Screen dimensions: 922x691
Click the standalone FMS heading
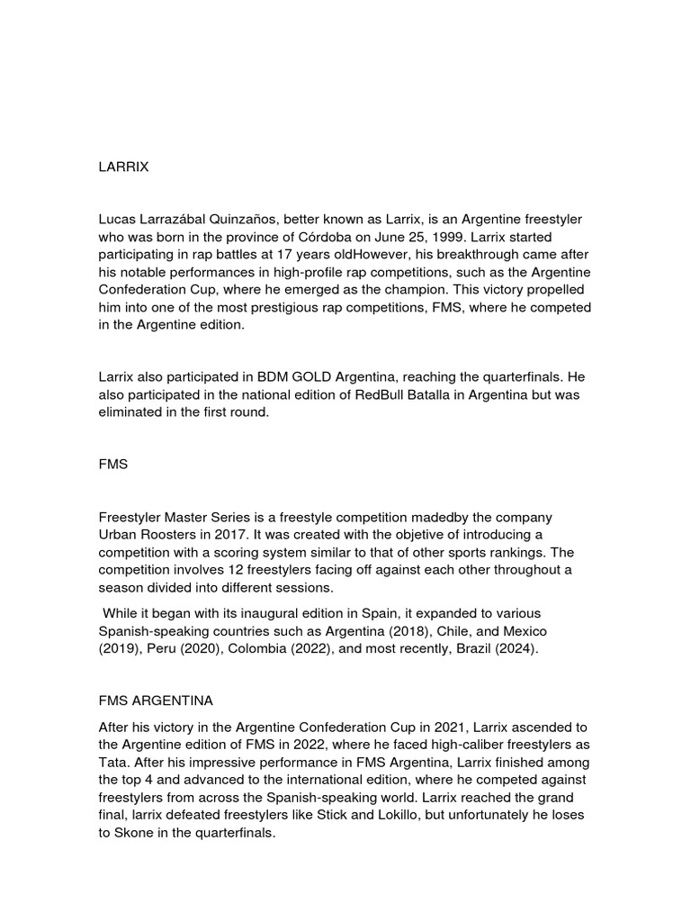click(113, 465)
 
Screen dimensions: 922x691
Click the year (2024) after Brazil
click(513, 648)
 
